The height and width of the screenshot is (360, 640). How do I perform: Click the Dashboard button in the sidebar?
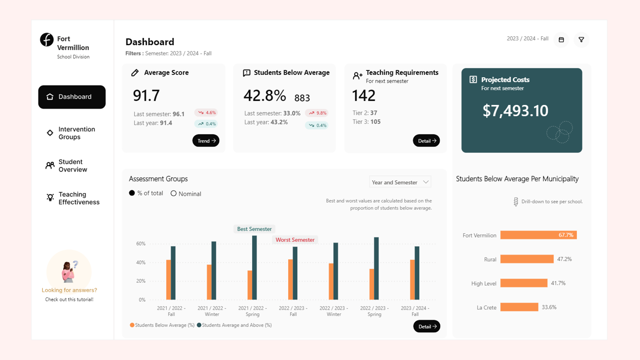click(x=72, y=97)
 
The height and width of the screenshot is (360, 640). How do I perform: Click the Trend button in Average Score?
click(x=206, y=141)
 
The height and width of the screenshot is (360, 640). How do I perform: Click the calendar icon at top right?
click(x=561, y=40)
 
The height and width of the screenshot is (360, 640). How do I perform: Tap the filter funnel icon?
click(x=581, y=40)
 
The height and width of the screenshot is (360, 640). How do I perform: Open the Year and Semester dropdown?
click(x=400, y=182)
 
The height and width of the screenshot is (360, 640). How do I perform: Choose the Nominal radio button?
click(x=173, y=193)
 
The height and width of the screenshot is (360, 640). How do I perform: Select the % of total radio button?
click(x=132, y=193)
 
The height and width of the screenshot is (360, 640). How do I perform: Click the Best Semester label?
click(x=254, y=229)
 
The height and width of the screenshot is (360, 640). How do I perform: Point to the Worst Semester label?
click(x=295, y=240)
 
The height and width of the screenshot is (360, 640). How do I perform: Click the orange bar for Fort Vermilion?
click(x=538, y=235)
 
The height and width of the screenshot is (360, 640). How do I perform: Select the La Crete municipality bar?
click(x=519, y=307)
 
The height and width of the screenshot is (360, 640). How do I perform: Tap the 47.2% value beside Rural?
click(x=564, y=259)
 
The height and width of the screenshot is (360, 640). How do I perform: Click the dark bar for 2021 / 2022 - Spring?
click(x=254, y=268)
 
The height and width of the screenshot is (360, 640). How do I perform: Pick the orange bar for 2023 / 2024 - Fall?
click(x=412, y=280)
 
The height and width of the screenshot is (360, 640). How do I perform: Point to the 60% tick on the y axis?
click(x=140, y=244)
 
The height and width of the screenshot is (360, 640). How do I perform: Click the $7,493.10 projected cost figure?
click(x=515, y=111)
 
